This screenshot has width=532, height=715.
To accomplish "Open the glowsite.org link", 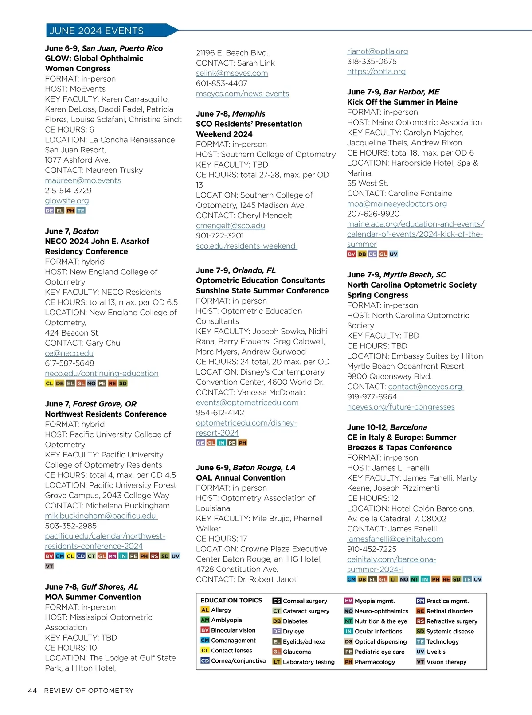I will (x=67, y=201).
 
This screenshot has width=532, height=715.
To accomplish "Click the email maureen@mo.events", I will (x=83, y=180).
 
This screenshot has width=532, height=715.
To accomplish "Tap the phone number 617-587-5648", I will (x=70, y=363).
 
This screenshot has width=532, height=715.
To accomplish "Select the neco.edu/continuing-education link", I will (x=102, y=373).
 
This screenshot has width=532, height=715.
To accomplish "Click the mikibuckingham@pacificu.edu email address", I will (x=101, y=516).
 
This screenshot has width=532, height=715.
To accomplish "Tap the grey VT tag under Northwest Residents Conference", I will (x=49, y=566).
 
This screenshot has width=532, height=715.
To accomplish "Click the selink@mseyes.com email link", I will (x=232, y=73).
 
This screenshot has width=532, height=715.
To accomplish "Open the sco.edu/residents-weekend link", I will (x=246, y=246).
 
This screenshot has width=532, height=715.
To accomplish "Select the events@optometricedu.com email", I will (x=247, y=402).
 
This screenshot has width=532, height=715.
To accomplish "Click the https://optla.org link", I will (x=376, y=71).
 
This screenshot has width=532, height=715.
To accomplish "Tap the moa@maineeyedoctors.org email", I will (x=397, y=203).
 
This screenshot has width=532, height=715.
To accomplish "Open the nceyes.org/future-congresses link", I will (x=401, y=407).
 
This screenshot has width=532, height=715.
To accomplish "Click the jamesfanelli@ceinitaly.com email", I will (x=395, y=539).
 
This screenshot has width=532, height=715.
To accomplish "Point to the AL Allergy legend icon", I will (x=205, y=610).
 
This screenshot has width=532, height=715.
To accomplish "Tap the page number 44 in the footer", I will (x=32, y=690).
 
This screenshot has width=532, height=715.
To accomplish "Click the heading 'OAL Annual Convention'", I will (x=241, y=478).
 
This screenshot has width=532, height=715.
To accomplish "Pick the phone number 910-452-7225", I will (x=372, y=549).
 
